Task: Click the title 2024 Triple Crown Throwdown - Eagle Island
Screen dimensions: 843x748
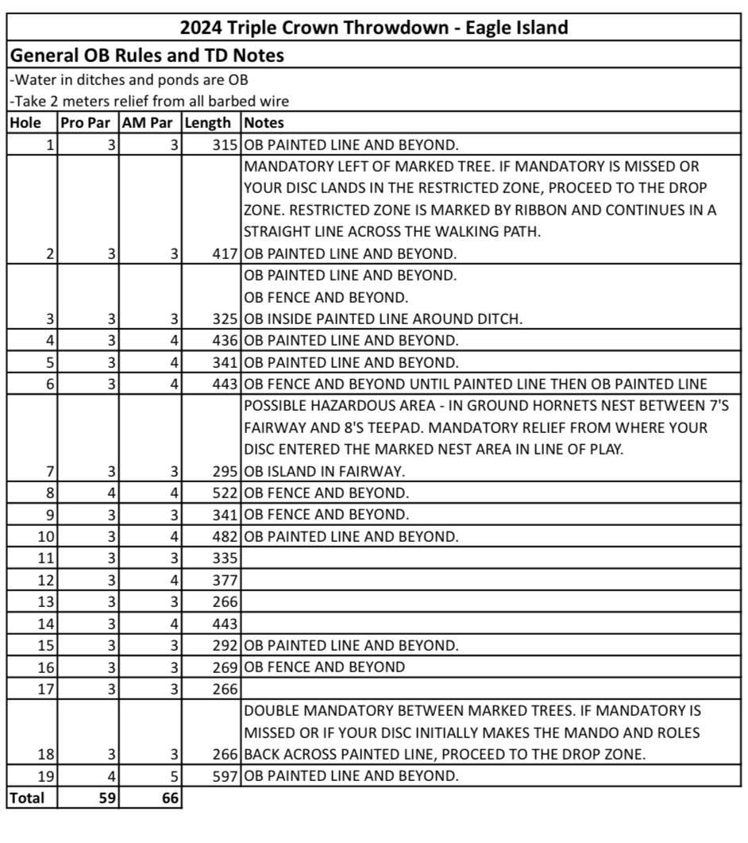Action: (x=374, y=28)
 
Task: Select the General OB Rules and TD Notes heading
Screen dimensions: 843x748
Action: (x=146, y=56)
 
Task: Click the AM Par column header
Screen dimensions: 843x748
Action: (x=150, y=123)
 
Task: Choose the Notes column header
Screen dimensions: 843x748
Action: (x=264, y=123)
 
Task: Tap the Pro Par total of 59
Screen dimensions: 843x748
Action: (x=106, y=797)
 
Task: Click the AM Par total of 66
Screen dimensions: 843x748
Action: (x=168, y=797)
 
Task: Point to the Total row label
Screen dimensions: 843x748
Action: (x=27, y=797)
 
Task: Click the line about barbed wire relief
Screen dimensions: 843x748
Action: (x=149, y=101)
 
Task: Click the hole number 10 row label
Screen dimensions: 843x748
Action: (x=45, y=536)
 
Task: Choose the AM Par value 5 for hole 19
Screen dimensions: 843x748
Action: (x=175, y=775)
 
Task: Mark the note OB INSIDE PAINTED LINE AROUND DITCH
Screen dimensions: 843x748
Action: (x=384, y=319)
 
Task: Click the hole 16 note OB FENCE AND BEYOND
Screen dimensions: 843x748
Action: (x=325, y=667)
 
